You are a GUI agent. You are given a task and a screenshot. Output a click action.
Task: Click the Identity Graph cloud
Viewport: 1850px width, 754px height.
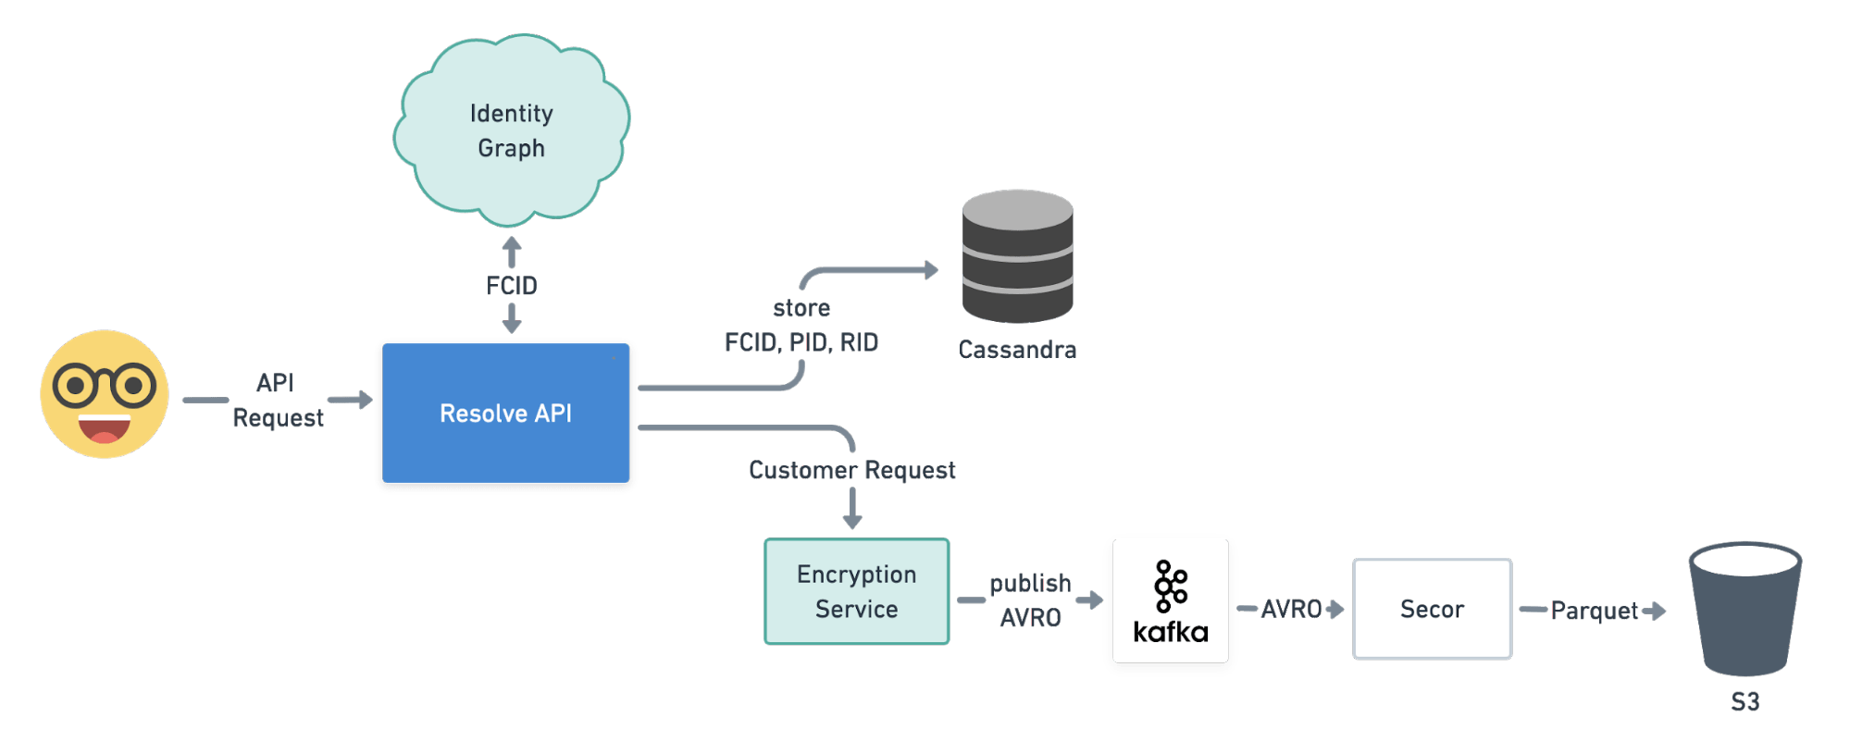point(512,130)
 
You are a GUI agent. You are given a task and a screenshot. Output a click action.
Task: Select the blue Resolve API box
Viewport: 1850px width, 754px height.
point(506,414)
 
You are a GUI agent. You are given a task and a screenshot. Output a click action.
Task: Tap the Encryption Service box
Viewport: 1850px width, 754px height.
point(857,591)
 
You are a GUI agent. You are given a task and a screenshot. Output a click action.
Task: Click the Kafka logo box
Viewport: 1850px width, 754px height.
point(1171,603)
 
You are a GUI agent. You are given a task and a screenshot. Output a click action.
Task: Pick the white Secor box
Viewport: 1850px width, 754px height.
point(1432,609)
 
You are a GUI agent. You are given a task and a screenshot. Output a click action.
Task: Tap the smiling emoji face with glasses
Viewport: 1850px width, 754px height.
point(105,394)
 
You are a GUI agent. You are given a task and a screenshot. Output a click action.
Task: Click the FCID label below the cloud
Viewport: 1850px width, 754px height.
point(512,286)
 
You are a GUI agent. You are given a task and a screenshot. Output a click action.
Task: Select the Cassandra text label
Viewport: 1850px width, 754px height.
point(1017,350)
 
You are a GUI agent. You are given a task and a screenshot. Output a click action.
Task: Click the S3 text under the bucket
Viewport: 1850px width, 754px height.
point(1744,702)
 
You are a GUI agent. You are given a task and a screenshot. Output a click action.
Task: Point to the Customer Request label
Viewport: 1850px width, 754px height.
point(851,470)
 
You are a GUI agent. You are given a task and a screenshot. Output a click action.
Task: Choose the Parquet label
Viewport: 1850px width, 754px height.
point(1595,611)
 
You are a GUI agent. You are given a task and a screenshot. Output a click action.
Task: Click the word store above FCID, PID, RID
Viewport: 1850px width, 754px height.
point(801,308)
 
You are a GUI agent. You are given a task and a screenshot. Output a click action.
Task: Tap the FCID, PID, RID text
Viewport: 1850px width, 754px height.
point(801,342)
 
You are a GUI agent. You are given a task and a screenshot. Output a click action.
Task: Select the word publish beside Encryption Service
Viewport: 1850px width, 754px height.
point(1029,583)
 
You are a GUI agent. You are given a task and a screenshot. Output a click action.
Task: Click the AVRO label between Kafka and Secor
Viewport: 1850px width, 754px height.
point(1290,609)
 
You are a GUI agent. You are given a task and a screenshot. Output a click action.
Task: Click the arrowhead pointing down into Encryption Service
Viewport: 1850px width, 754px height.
point(852,523)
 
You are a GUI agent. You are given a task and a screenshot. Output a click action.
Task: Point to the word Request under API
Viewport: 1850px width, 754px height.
point(278,418)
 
